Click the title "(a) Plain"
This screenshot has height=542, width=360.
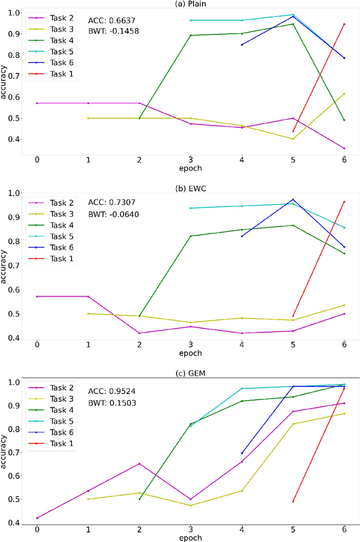click(191, 4)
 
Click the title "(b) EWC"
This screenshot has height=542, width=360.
click(191, 185)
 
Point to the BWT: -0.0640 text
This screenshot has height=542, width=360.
click(114, 214)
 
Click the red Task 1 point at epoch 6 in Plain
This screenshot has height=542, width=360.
click(344, 24)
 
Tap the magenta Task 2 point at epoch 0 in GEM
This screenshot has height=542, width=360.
click(37, 518)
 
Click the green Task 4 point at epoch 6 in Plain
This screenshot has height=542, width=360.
click(344, 120)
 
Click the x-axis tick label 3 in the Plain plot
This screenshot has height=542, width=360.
click(190, 159)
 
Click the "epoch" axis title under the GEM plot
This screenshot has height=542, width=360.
click(191, 538)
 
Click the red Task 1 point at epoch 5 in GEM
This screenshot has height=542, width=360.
click(292, 501)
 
